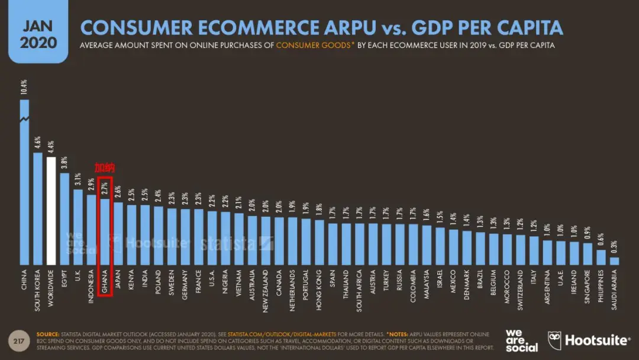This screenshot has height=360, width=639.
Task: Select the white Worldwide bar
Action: click(51, 210)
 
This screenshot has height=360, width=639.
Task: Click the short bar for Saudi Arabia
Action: click(614, 261)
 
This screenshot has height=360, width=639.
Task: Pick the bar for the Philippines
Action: click(601, 257)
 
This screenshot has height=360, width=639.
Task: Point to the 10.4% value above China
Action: click(24, 88)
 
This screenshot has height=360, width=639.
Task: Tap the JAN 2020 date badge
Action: click(38, 34)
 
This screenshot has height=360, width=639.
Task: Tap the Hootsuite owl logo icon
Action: click(554, 339)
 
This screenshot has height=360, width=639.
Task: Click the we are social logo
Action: click(521, 340)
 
